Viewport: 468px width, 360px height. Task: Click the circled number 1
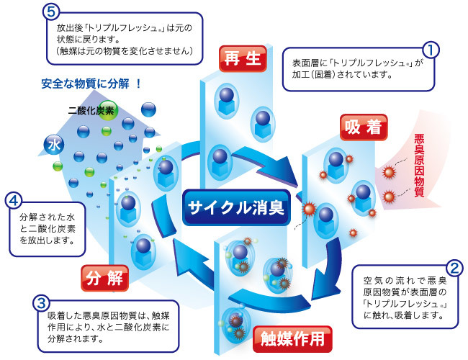point(429,50)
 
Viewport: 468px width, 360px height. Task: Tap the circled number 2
point(454,270)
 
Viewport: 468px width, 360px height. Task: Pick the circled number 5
point(50,12)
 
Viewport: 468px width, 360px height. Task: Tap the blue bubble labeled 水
point(52,143)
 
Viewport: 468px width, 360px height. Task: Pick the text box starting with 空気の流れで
point(406,297)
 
